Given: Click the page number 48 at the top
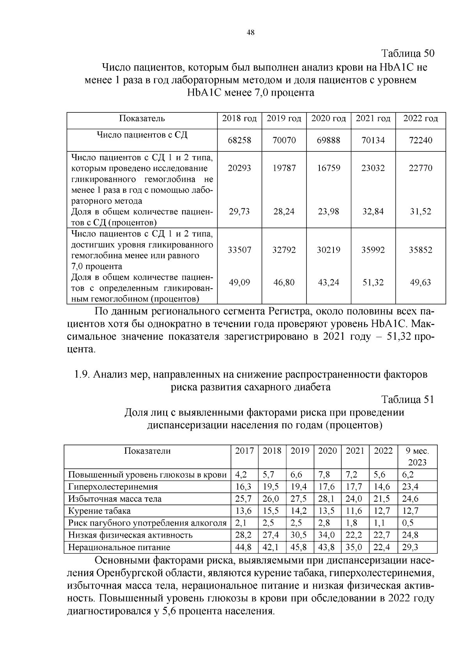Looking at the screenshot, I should [251, 33].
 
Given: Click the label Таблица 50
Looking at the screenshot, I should [408, 53].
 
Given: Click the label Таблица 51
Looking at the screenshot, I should [408, 399].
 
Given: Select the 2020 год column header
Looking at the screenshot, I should [328, 119].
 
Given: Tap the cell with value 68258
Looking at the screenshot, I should [239, 140].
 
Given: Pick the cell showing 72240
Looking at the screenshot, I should [420, 140].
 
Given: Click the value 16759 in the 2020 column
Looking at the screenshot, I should [328, 168].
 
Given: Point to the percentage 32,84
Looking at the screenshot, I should [373, 212].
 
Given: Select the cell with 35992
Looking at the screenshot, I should [373, 250].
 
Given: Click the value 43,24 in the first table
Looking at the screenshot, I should [328, 282].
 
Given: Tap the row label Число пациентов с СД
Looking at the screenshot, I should [142, 135].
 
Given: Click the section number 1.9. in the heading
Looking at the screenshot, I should [82, 375].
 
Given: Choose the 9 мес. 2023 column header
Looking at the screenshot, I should [417, 456].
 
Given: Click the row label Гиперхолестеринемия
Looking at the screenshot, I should [113, 487].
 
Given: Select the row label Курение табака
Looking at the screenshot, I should [99, 511].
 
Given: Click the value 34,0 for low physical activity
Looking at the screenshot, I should [327, 535].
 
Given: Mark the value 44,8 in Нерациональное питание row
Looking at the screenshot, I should [244, 547].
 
